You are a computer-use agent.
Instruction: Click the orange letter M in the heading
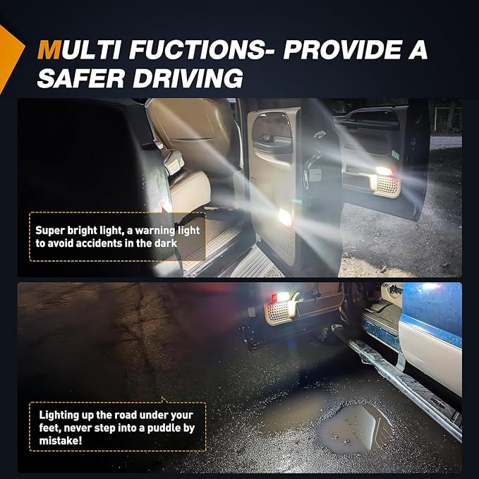[49, 50]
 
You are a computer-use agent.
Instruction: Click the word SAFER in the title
[80, 78]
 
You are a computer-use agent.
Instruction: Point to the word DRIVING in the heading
[188, 78]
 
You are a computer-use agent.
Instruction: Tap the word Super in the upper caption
[49, 231]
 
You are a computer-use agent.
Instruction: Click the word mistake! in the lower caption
[61, 441]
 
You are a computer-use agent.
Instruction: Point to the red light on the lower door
[274, 296]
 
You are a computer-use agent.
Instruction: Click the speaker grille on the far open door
[386, 186]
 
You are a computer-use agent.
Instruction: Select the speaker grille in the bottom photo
[277, 313]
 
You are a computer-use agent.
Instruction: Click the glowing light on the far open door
[384, 171]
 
